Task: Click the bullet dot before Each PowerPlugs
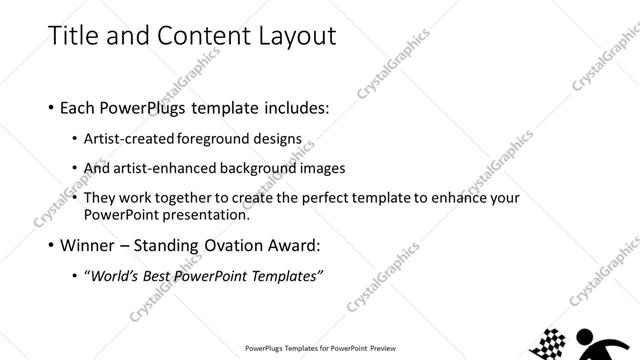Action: coord(51,106)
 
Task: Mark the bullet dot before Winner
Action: coord(51,245)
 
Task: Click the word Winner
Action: coord(86,245)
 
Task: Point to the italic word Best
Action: coord(164,275)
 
